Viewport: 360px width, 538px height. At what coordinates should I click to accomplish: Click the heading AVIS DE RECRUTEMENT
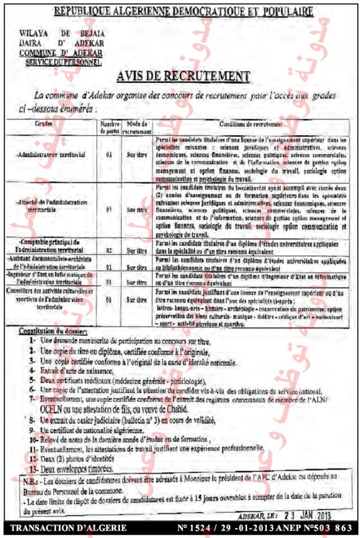tap(183, 76)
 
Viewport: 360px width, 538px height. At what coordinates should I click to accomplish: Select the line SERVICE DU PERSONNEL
tap(70, 63)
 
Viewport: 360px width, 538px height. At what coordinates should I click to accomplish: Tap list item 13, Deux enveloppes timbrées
tap(74, 468)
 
